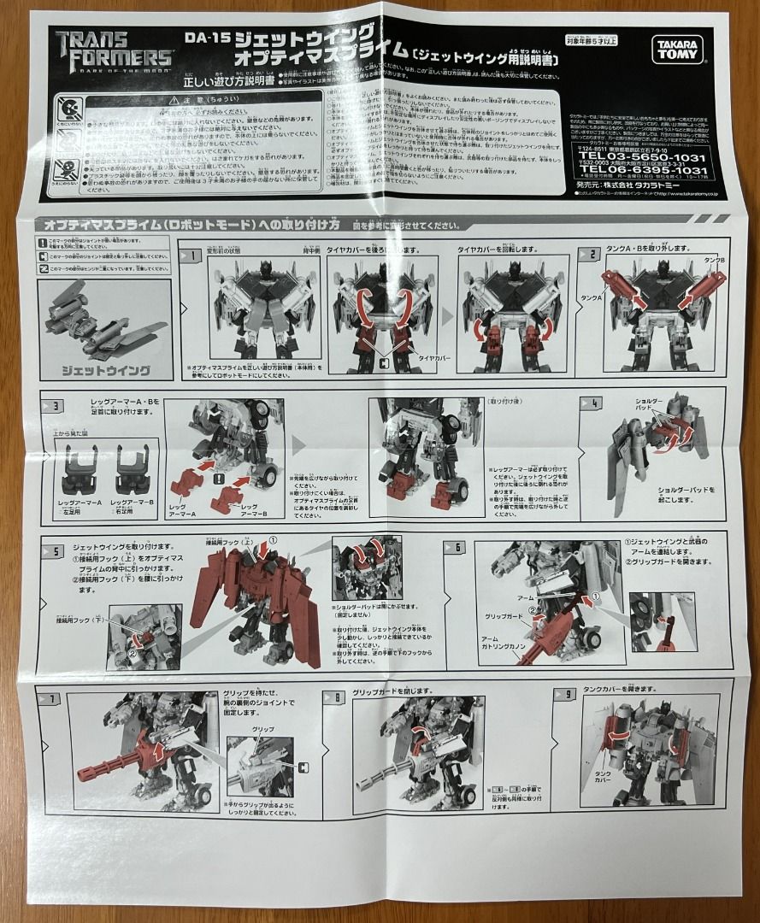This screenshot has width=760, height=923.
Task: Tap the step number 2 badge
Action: pos(588,254)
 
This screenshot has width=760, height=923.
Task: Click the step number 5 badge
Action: pos(54,550)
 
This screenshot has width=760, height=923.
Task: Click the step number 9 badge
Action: pos(564,695)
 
